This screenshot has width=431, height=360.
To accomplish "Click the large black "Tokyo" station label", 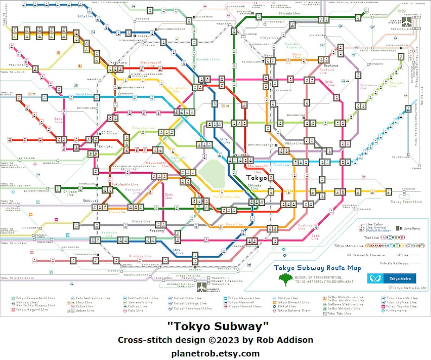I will (257, 178).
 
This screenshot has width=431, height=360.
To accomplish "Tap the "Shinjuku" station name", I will (105, 146).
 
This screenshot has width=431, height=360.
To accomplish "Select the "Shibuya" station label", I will (90, 200).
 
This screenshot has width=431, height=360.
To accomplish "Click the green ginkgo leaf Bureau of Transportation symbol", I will (283, 279).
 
